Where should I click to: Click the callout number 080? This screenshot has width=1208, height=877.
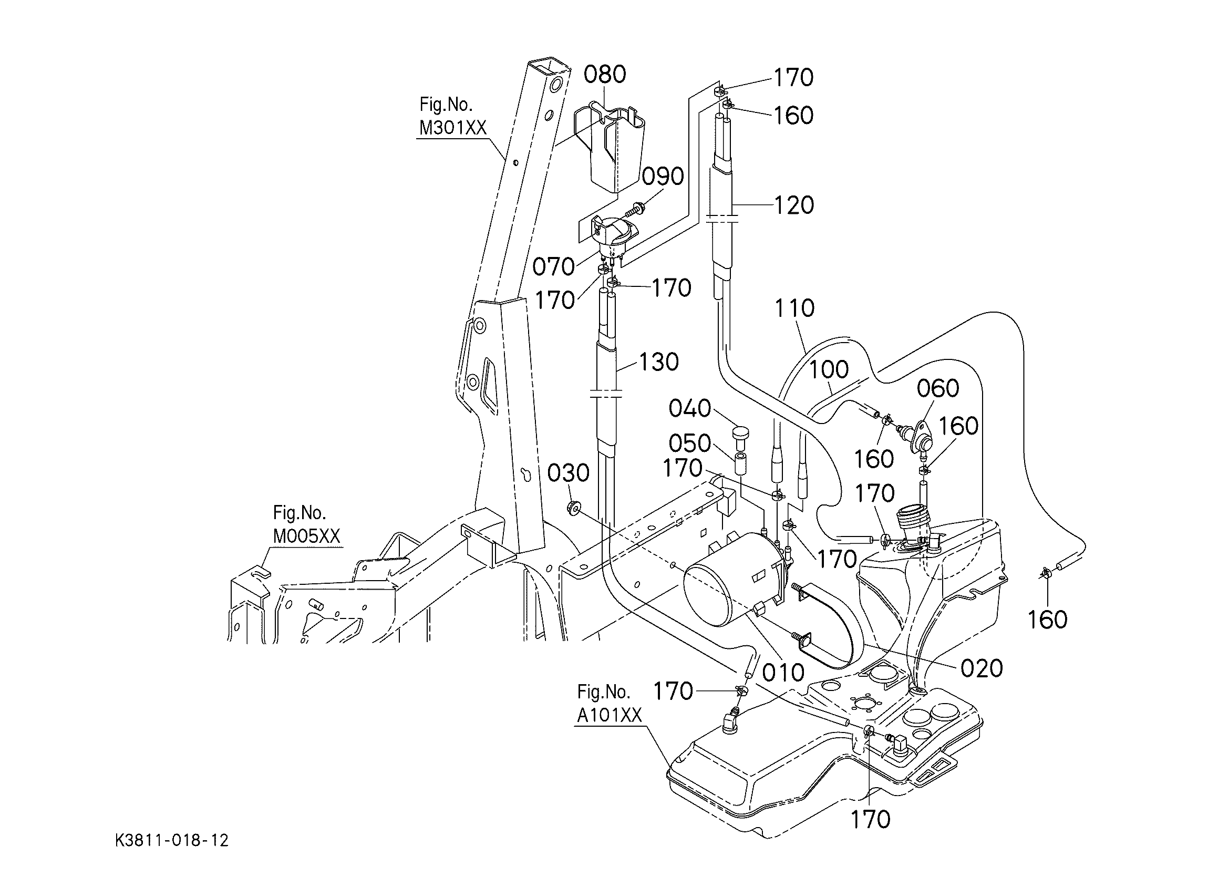[x=605, y=75]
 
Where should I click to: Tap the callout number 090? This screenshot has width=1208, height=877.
[x=663, y=177]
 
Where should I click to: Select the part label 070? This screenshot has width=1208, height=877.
[x=554, y=266]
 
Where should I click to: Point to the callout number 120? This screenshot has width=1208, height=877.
[x=793, y=205]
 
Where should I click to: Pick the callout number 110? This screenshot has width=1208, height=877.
[x=794, y=308]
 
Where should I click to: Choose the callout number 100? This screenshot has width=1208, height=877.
[x=829, y=369]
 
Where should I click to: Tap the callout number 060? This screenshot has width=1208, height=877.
[x=938, y=388]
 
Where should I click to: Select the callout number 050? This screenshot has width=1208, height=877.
[x=690, y=443]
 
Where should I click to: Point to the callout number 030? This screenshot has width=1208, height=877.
[x=569, y=472]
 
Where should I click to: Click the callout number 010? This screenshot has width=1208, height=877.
[x=783, y=673]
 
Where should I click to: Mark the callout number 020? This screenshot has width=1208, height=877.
[x=982, y=668]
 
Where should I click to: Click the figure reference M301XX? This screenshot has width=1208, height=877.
[x=453, y=128]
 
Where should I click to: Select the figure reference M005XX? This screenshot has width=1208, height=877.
[x=306, y=536]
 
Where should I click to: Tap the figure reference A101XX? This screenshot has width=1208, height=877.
[x=610, y=715]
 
